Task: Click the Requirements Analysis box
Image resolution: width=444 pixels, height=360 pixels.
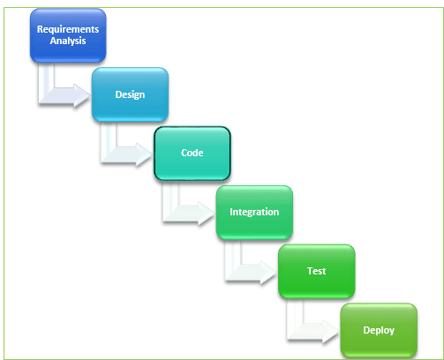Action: coord(68,35)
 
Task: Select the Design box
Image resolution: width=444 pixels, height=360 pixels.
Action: coord(130,94)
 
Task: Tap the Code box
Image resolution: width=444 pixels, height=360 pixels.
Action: coord(192,153)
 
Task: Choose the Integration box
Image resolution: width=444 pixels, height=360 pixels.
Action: coord(254,212)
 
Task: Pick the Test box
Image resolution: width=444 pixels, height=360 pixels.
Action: coord(316,271)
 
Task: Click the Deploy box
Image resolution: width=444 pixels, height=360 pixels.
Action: coord(378,330)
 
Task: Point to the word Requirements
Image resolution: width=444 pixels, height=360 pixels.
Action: coord(68,29)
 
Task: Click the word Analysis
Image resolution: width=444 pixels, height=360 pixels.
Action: coord(68,41)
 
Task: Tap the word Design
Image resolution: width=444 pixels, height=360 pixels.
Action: coord(130,94)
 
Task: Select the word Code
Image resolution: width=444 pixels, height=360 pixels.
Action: coord(192,153)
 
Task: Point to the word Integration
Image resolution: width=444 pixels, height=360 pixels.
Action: coord(254,212)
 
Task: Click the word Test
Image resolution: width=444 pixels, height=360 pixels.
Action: coord(316,271)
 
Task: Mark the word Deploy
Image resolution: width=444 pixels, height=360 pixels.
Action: coord(378,330)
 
